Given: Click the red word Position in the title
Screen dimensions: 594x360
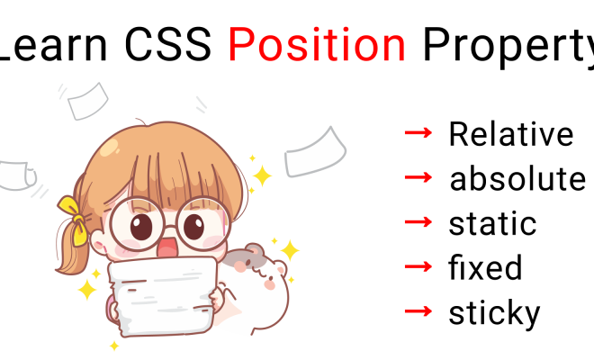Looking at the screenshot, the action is [317, 45].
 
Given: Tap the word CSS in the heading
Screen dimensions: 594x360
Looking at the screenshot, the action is [167, 45].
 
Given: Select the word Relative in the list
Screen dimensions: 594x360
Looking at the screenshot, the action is [510, 134].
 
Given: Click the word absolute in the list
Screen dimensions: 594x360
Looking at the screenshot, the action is [517, 178].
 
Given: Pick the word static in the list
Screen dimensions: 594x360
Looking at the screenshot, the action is [492, 223].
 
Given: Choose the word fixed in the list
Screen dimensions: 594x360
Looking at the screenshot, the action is [485, 267].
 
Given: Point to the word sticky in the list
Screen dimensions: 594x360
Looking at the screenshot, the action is [494, 313].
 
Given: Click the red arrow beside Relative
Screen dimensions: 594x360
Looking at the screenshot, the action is [418, 132].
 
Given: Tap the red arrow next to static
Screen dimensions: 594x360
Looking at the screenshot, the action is [418, 222].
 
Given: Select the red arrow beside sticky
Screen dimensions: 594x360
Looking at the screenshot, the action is [418, 311].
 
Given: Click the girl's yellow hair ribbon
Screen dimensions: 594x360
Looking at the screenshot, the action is [74, 220].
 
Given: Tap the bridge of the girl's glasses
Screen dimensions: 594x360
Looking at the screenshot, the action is [170, 228].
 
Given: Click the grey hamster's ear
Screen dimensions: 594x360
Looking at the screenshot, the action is [254, 250].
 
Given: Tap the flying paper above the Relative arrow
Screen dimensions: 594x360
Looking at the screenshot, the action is [315, 153].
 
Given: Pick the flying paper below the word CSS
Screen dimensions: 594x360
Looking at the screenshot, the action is [88, 101].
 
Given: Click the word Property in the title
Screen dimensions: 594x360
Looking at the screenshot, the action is [508, 48].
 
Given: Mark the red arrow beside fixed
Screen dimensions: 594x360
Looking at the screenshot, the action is [418, 266].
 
